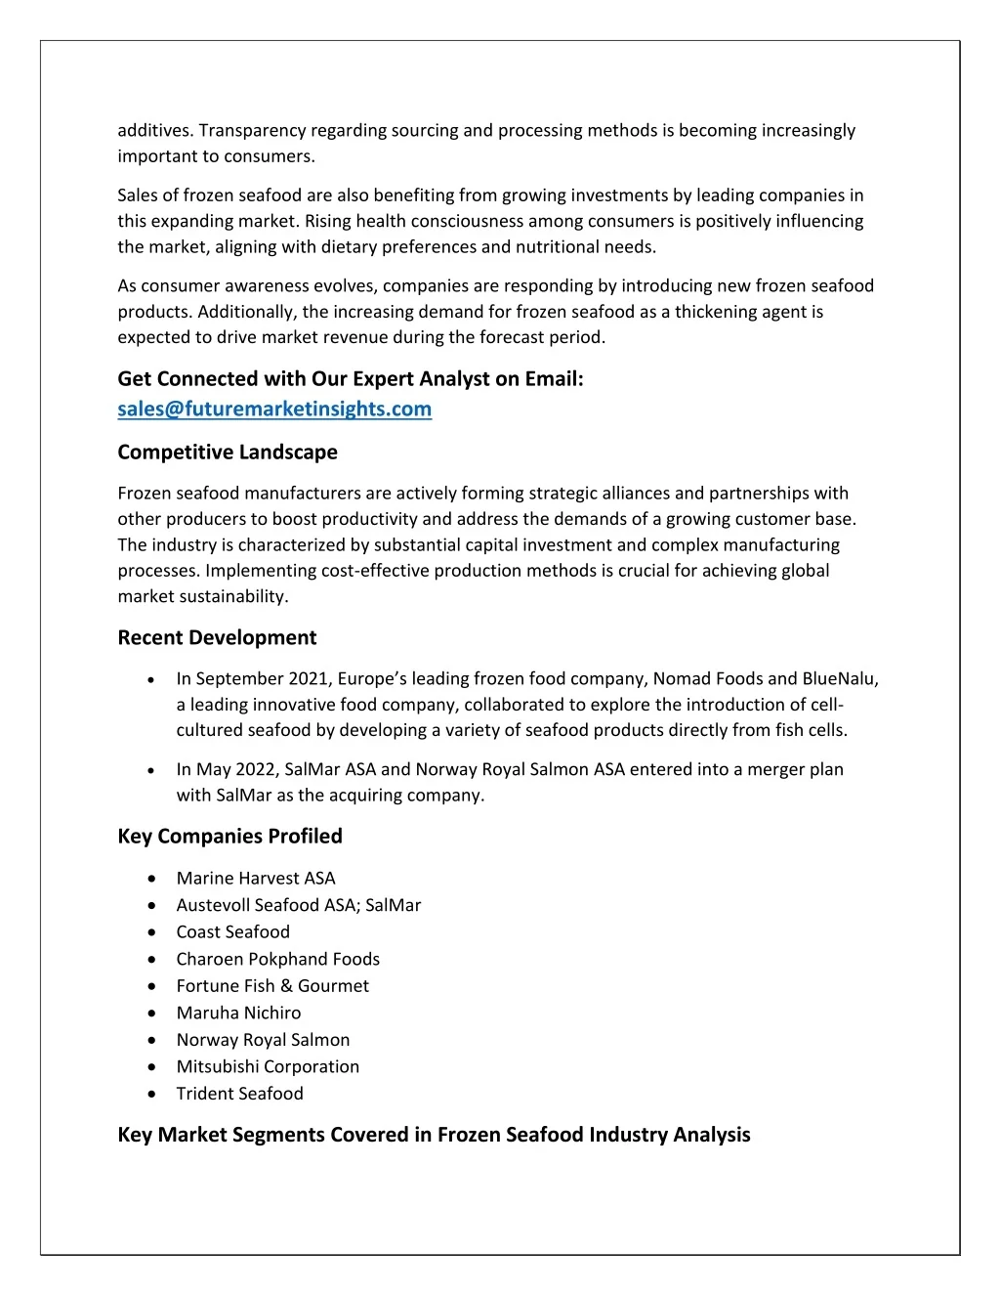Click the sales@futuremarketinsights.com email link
(274, 409)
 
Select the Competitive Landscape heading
(228, 452)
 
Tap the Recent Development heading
(217, 637)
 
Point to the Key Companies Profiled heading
(229, 836)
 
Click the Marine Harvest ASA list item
(256, 878)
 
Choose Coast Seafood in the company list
(233, 931)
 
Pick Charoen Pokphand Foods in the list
(278, 959)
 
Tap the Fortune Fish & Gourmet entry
(272, 985)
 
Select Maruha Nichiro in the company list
(238, 1013)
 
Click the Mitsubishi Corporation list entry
(268, 1066)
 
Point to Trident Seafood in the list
(240, 1093)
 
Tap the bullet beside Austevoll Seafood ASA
(152, 906)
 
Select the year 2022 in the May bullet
(256, 769)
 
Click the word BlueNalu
(839, 678)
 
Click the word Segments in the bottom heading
(280, 1134)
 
